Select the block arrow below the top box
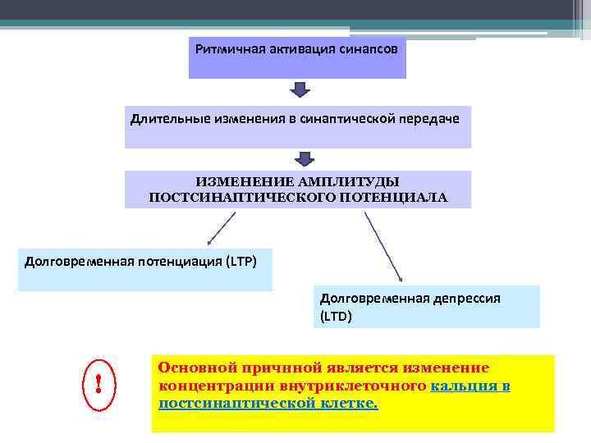point(298,89)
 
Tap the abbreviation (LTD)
point(336,315)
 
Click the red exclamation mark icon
point(98,382)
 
